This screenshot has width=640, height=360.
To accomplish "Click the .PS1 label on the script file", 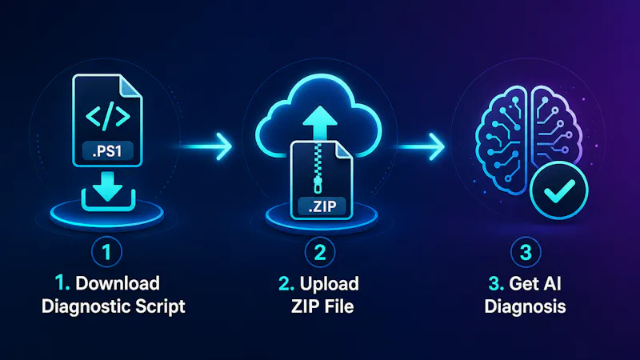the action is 107,151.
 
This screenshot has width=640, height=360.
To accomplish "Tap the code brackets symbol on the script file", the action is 108,117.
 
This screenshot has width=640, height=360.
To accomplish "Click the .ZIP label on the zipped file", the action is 322,206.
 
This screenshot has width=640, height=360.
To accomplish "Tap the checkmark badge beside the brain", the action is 558,190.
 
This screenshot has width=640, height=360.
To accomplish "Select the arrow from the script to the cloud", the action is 206,146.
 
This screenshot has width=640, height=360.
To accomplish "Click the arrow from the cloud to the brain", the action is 421,146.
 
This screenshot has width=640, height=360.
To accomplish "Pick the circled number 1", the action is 106,252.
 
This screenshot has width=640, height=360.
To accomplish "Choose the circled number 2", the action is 320,252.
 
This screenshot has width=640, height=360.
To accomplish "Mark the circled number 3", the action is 526,252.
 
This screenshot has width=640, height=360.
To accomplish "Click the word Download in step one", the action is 118,283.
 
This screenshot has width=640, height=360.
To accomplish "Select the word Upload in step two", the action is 329,284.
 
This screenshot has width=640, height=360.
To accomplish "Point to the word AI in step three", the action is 553,284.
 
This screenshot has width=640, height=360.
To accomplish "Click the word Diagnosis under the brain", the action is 525,306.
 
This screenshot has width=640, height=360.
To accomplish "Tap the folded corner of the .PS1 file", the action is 130,86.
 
